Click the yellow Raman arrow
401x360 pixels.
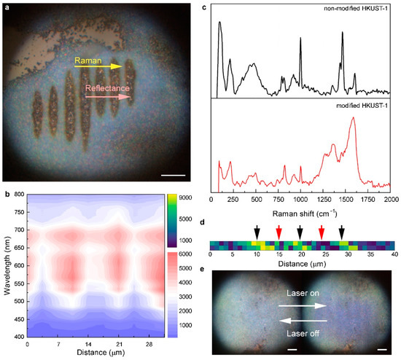(109, 66)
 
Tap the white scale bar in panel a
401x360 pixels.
(174, 175)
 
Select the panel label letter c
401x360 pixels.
(203, 6)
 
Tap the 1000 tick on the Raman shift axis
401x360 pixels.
(300, 198)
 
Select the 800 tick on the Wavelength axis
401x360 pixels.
(18, 195)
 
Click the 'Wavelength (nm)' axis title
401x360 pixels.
(6, 266)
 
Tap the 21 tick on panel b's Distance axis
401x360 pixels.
(117, 344)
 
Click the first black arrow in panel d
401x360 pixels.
(256, 232)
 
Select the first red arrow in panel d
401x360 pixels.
(279, 232)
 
